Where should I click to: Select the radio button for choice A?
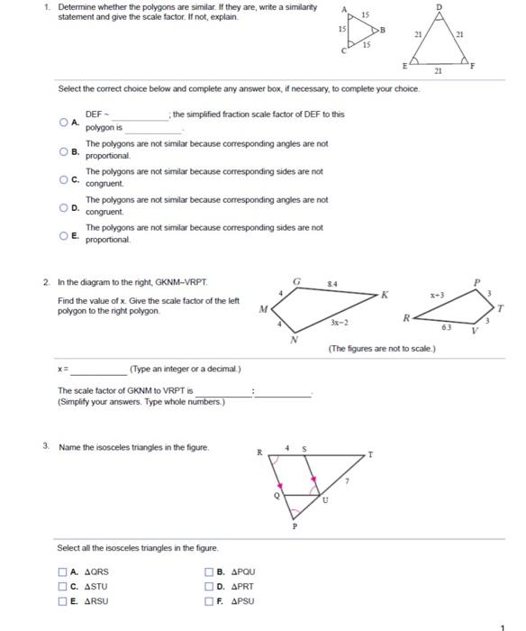coord(64,122)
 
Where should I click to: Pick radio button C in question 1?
coord(64,178)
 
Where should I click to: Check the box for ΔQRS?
coord(63,572)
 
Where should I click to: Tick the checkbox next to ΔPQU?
coord(210,572)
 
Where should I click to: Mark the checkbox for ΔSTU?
coord(63,586)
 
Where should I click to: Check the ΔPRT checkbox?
coord(210,586)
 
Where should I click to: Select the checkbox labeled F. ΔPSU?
coord(210,601)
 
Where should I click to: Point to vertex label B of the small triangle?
coord(382,29)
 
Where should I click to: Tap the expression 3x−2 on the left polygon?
coord(340,322)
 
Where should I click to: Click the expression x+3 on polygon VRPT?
coord(438,295)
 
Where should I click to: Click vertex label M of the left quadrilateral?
coord(262,307)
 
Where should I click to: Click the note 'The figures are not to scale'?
coord(382,348)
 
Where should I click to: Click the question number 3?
coord(45,447)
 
